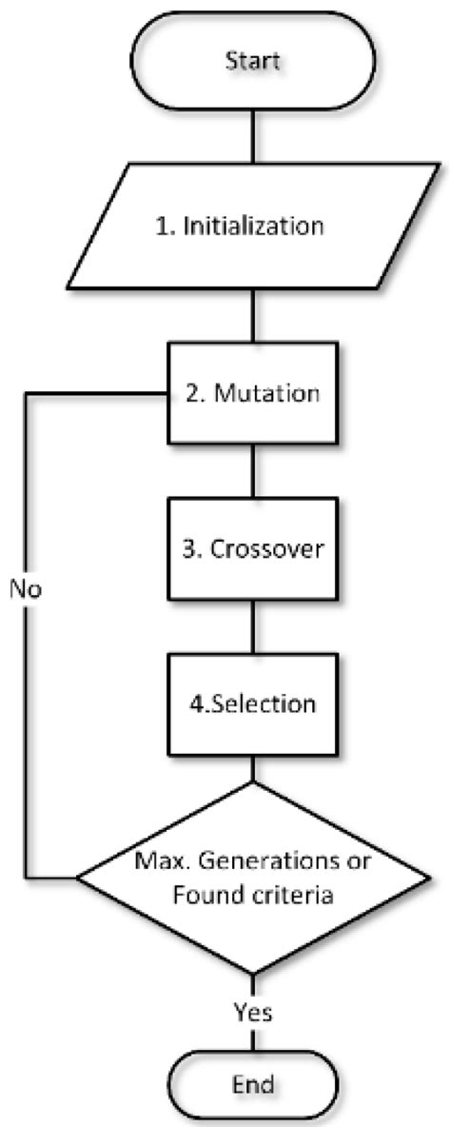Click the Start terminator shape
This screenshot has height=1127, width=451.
(x=252, y=62)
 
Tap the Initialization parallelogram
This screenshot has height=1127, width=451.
(x=252, y=227)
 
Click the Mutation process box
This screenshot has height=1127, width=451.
(x=252, y=393)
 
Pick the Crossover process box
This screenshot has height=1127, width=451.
(x=252, y=549)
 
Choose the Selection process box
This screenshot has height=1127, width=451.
(x=252, y=705)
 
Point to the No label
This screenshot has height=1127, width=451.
(x=26, y=587)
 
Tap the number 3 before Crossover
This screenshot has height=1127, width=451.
(x=186, y=549)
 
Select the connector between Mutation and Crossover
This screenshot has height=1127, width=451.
(x=252, y=470)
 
